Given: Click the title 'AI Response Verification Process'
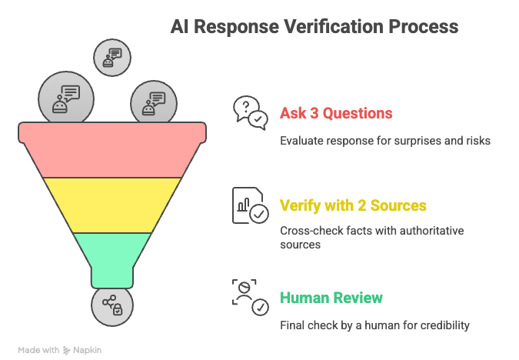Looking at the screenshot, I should tap(314, 27).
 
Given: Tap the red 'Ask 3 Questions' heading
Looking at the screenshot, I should tap(336, 114).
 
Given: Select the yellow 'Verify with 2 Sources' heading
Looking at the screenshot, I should tap(353, 205).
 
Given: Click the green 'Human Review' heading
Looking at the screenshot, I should tap(331, 298).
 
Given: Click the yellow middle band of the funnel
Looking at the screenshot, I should tap(112, 204).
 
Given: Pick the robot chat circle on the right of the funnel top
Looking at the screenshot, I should tap(153, 102).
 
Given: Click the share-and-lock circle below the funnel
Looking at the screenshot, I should tap(112, 305).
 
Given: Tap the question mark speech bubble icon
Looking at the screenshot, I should tap(250, 113).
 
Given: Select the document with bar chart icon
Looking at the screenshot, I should tap(250, 205).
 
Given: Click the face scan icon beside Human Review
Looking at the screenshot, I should tap(250, 297).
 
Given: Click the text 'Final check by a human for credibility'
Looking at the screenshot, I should tap(374, 325).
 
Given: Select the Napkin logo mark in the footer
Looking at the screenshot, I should tap(67, 350).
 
